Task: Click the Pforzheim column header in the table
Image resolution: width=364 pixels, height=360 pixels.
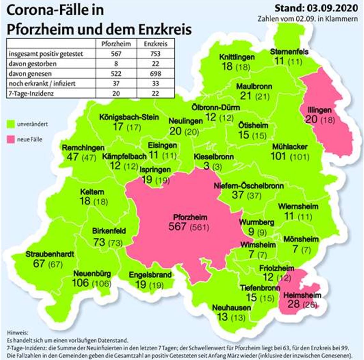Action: (116, 44)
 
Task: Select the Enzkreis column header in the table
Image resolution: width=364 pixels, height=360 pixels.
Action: (155, 44)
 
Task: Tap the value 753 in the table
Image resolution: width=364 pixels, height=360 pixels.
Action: (155, 54)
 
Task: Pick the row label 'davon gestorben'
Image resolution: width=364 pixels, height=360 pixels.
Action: (33, 64)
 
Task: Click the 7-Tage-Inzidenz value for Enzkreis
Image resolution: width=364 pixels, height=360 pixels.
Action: (155, 93)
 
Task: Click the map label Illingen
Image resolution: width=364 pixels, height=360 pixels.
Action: (319, 110)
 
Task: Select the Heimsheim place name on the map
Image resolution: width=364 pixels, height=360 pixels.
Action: (302, 295)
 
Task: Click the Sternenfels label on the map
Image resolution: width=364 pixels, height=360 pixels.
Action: (289, 51)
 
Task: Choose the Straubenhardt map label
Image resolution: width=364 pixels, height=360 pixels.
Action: (50, 254)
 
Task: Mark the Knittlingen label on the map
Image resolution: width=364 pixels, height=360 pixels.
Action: (237, 57)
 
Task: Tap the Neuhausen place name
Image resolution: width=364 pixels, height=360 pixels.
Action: (231, 308)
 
